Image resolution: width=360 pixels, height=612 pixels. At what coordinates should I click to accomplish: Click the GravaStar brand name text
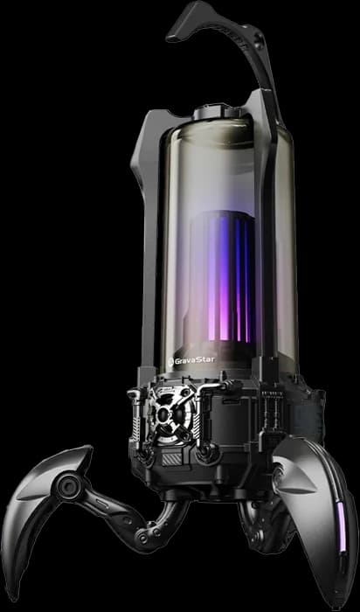click(194, 360)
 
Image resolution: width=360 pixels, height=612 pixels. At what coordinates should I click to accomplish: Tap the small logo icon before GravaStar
click(170, 362)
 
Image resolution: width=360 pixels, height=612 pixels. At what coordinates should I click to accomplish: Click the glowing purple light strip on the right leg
click(341, 526)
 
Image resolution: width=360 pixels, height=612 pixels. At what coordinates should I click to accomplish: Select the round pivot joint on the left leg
click(69, 486)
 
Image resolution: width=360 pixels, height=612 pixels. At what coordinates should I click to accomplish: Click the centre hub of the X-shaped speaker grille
click(170, 414)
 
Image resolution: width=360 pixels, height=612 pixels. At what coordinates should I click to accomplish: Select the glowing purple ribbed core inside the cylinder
click(224, 277)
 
